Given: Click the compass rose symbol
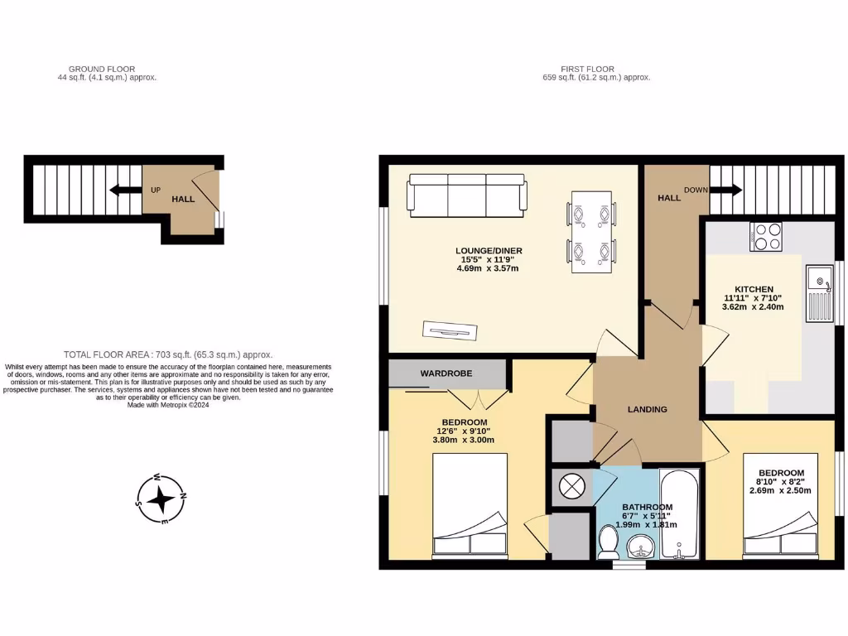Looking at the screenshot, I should [161, 499].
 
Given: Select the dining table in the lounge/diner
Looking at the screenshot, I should [591, 231].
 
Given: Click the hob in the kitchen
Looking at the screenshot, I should [767, 237].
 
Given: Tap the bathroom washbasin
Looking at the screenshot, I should [638, 547].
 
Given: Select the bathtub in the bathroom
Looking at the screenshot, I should [680, 514].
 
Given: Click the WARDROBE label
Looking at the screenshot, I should [446, 373].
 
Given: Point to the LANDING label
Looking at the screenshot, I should [647, 409].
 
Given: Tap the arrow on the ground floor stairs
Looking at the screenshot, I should [122, 190].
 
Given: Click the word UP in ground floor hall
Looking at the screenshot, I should [155, 190].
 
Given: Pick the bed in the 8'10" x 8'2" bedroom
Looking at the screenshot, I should [780, 505].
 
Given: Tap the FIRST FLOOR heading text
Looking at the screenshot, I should [596, 69].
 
